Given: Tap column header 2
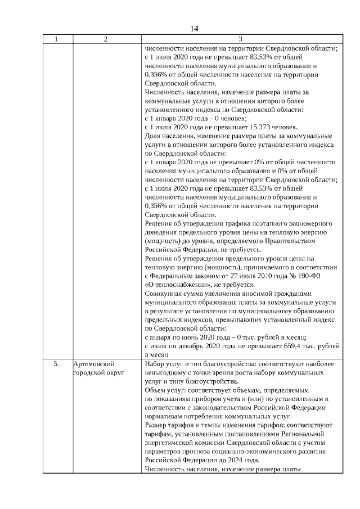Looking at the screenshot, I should (106, 39).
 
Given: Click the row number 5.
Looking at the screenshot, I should (57, 364).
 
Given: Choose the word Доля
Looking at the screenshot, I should (152, 136).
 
